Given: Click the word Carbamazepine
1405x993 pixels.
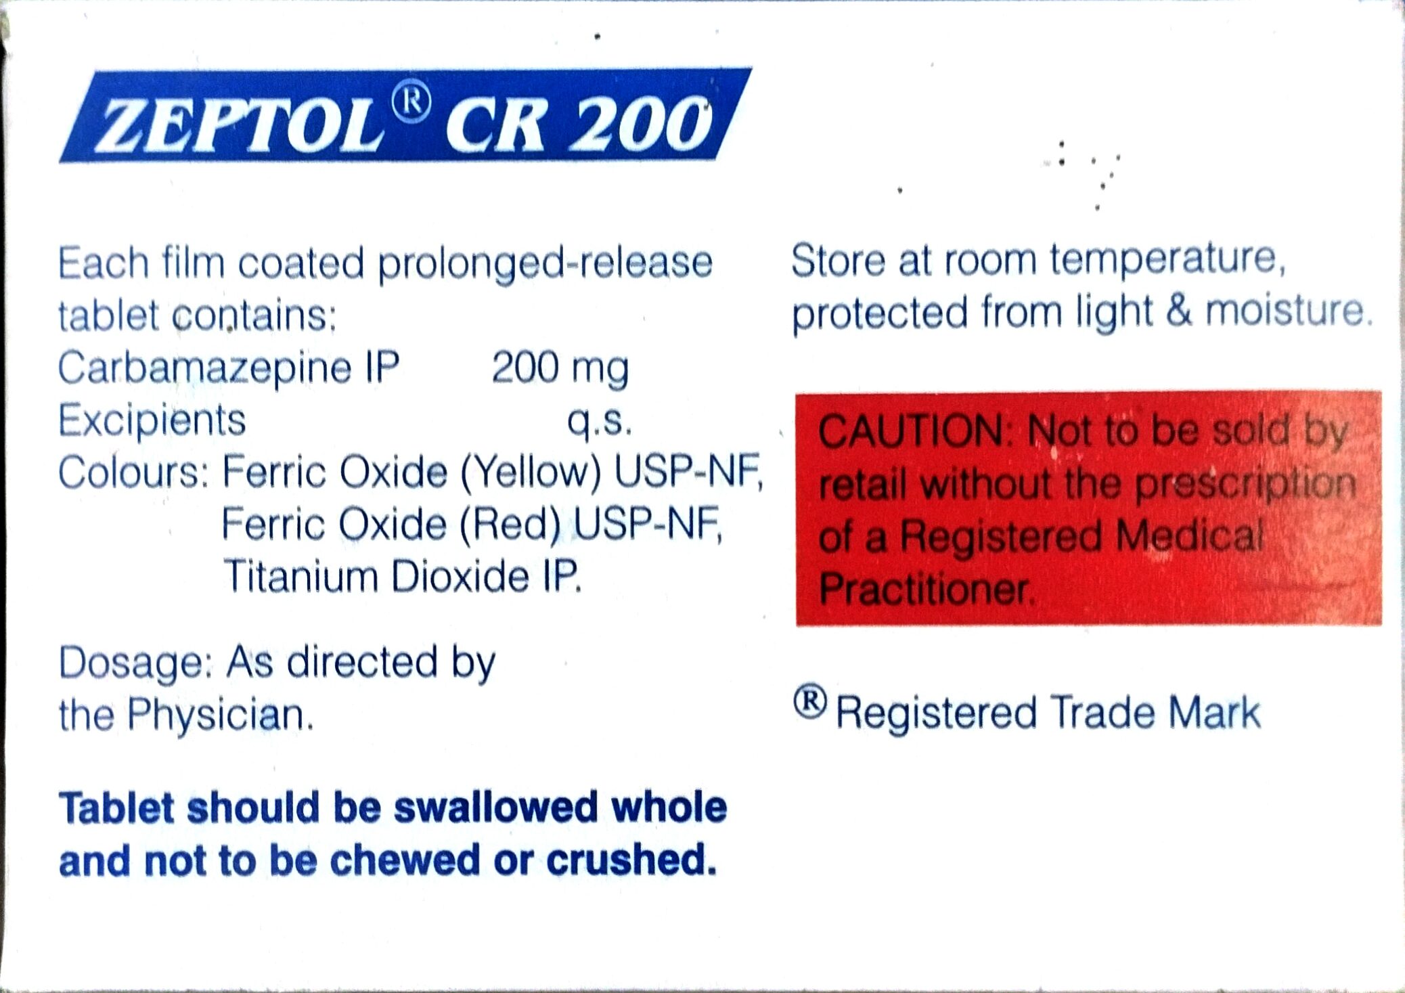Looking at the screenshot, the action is point(205,368).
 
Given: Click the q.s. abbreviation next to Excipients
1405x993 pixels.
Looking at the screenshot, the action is point(600,421).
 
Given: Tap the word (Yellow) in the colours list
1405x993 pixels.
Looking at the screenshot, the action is point(531,472).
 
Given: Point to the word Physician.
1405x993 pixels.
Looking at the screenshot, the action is point(221,715).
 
